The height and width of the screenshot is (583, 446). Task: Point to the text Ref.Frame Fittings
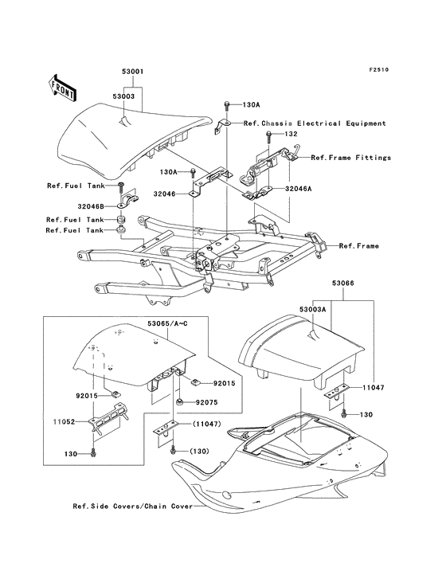point(351,158)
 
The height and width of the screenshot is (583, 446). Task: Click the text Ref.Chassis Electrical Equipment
point(315,123)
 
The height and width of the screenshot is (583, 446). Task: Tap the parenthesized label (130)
point(200,452)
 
